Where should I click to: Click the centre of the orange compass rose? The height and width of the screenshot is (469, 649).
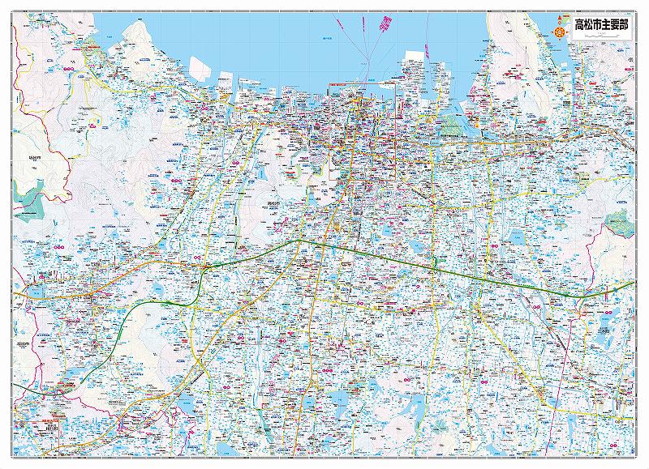[x=559, y=31]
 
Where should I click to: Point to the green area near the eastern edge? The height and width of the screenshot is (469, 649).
[x=618, y=220]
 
